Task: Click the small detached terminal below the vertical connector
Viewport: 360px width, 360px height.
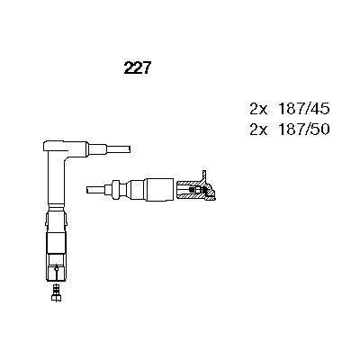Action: tap(56, 290)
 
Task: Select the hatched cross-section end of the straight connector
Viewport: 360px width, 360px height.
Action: tap(193, 189)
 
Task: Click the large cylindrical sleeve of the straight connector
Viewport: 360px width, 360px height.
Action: tap(156, 189)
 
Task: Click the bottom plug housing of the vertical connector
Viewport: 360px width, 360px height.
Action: tap(54, 266)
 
